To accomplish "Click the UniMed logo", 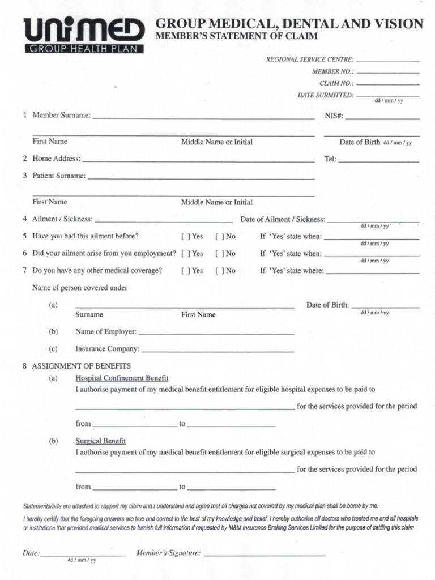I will click(x=84, y=35).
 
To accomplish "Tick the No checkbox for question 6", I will click(x=219, y=254).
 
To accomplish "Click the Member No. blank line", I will click(x=388, y=73).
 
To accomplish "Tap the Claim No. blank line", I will click(x=388, y=84).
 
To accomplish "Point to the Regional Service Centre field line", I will click(x=388, y=60).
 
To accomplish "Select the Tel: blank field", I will click(x=378, y=162).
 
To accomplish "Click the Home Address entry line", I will click(x=198, y=162).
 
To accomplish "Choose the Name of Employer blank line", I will click(x=216, y=335).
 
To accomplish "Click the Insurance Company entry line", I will click(x=217, y=352).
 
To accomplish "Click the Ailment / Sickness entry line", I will click(x=164, y=222).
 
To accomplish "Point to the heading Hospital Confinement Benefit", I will click(x=122, y=378).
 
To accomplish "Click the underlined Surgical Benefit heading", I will click(x=100, y=441).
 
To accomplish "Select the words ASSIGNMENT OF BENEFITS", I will click(x=82, y=366).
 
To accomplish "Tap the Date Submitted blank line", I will click(x=388, y=96).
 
